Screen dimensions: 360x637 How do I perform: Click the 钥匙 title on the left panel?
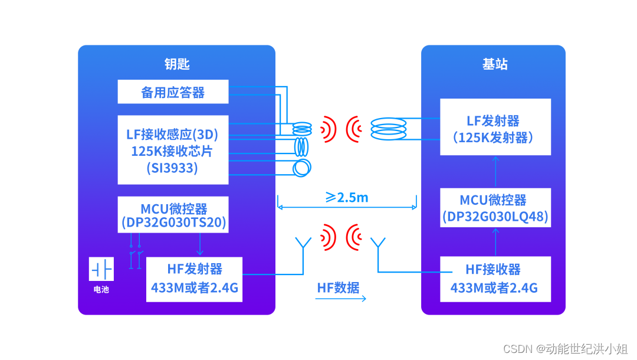pyautogui.click(x=176, y=64)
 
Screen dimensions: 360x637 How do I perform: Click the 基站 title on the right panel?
pyautogui.click(x=495, y=64)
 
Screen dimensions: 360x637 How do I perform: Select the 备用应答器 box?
pyautogui.click(x=173, y=92)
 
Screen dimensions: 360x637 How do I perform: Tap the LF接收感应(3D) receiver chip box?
pyautogui.click(x=173, y=150)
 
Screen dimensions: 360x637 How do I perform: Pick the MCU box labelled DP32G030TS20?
pyautogui.click(x=173, y=215)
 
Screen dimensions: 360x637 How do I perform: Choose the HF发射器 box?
pyautogui.click(x=194, y=279)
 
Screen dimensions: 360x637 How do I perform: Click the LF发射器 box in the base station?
pyautogui.click(x=495, y=127)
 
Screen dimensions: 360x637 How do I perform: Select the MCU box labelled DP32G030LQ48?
pyautogui.click(x=495, y=208)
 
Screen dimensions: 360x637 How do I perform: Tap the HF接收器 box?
pyautogui.click(x=495, y=279)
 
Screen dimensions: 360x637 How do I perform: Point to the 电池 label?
pyautogui.click(x=101, y=290)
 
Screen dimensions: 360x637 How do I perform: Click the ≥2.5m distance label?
pyautogui.click(x=347, y=197)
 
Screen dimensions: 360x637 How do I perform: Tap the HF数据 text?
pyautogui.click(x=339, y=287)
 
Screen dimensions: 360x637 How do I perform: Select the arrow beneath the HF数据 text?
pyautogui.click(x=341, y=299)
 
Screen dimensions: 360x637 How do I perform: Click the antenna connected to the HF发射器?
pyautogui.click(x=303, y=243)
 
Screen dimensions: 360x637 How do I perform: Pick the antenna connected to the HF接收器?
pyautogui.click(x=377, y=243)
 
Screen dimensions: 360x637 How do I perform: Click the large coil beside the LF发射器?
pyautogui.click(x=388, y=129)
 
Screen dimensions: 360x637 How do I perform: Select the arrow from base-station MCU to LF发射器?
pyautogui.click(x=495, y=172)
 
